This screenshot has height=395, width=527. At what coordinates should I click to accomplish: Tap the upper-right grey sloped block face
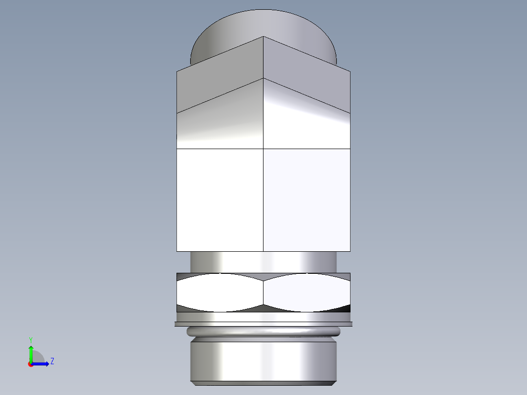pos(307,73)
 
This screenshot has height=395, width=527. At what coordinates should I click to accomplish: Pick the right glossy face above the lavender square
pos(307,122)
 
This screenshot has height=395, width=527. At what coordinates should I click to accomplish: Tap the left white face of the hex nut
pos(220,292)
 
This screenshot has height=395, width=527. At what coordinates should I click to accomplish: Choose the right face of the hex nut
pos(307,292)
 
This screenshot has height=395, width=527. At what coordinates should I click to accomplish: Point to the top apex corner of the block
pos(263,37)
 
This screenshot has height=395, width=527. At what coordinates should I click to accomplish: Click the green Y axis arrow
pos(31,352)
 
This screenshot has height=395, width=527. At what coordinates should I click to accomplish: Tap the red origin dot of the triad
pos(30,365)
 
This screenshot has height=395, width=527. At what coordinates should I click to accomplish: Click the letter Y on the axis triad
pos(30,339)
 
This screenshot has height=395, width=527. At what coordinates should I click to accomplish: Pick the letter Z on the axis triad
pos(52,361)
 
